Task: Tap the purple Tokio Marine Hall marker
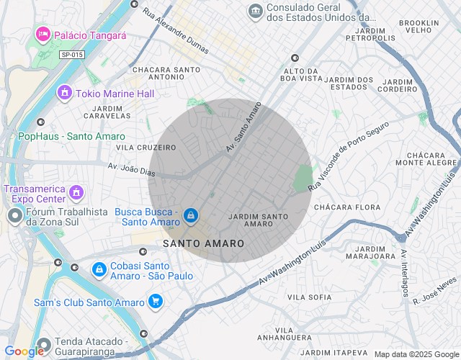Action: click(65, 93)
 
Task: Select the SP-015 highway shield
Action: click(71, 55)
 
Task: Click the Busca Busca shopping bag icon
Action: click(191, 215)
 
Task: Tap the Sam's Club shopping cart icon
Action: click(155, 302)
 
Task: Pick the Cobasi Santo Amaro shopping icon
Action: click(98, 269)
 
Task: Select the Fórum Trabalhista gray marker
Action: click(15, 215)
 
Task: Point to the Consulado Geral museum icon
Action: click(255, 11)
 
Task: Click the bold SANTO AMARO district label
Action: click(204, 244)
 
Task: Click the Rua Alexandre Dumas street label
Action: click(175, 32)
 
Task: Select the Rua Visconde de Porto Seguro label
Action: click(348, 156)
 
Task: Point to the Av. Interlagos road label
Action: click(406, 273)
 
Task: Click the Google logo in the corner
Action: click(24, 351)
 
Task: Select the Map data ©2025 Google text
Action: click(416, 354)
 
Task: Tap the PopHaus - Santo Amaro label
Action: click(71, 136)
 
